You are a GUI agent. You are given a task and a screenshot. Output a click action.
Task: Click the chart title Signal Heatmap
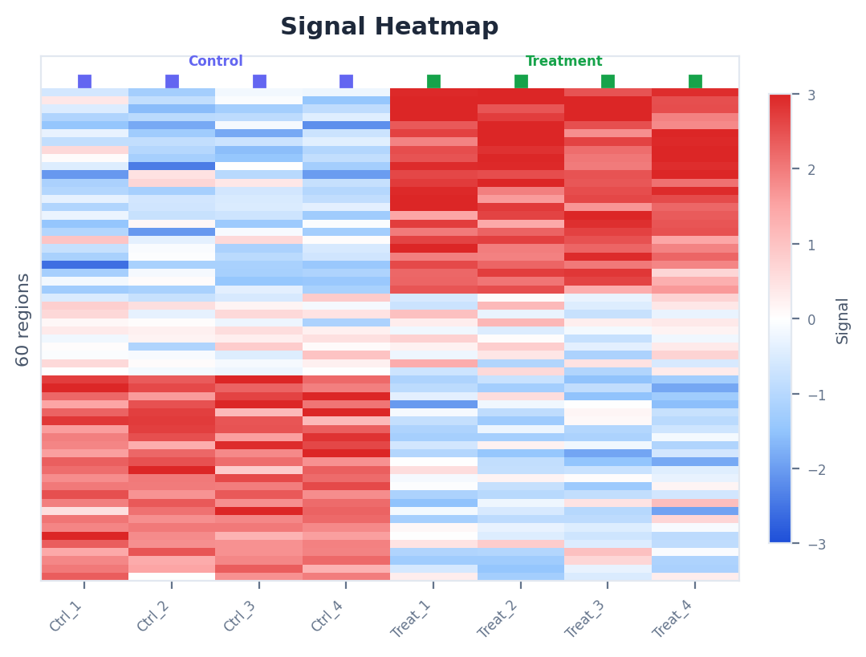(389, 27)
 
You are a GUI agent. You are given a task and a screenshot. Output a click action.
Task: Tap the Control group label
(215, 62)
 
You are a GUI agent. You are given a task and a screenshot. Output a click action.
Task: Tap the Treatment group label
(563, 62)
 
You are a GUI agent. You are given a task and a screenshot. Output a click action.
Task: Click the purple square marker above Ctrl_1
(84, 81)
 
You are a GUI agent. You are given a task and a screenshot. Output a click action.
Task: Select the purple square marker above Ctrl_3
(259, 81)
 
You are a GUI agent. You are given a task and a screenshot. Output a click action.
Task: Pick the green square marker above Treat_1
(433, 81)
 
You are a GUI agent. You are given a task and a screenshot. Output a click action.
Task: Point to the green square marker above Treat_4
(695, 81)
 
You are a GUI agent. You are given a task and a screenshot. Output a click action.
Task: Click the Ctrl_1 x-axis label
(67, 616)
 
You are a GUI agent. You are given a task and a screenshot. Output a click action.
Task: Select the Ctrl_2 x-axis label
(153, 616)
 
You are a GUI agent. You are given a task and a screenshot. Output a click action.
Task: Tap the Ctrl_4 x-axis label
(327, 616)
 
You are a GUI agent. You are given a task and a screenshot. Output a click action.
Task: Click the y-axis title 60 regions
(23, 319)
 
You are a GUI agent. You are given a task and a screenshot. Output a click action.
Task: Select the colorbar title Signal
(843, 320)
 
